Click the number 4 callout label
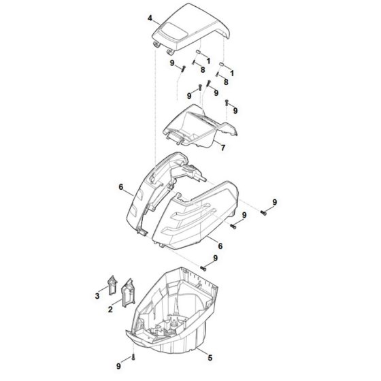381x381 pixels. point(150,18)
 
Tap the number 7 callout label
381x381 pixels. point(223,148)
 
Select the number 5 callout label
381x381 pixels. point(210,357)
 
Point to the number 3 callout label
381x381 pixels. point(97,296)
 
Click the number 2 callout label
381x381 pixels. point(110,310)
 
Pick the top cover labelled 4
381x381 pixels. point(190,28)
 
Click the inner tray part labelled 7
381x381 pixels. point(200,127)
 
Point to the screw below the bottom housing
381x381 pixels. point(133,357)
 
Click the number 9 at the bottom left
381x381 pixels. point(118,366)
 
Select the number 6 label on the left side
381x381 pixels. point(121,187)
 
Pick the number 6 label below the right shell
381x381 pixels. point(220,246)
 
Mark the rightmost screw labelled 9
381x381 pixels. point(263,213)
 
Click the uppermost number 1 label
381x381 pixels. point(208,61)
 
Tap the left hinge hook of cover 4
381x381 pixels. point(156,44)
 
